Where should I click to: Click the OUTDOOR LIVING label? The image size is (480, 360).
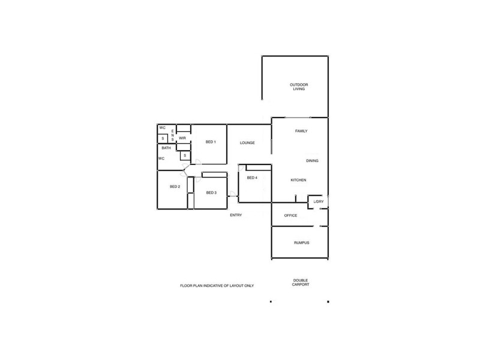pyautogui.click(x=299, y=87)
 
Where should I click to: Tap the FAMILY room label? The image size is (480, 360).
pyautogui.click(x=301, y=131)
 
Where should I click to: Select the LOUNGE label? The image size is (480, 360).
pyautogui.click(x=247, y=143)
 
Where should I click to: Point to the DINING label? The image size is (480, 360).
pyautogui.click(x=312, y=161)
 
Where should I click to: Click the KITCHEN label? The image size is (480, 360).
pyautogui.click(x=299, y=181)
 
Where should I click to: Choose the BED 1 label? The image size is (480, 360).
pyautogui.click(x=211, y=142)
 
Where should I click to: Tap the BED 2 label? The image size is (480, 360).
pyautogui.click(x=175, y=187)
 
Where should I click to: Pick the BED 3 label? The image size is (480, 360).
pyautogui.click(x=211, y=193)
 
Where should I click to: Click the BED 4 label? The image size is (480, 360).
pyautogui.click(x=252, y=178)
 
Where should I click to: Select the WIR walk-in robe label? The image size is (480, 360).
pyautogui.click(x=182, y=138)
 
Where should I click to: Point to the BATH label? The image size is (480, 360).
pyautogui.click(x=166, y=148)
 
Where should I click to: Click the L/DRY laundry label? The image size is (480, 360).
pyautogui.click(x=319, y=202)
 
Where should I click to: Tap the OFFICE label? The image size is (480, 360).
pyautogui.click(x=291, y=215)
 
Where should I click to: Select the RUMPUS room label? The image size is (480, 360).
pyautogui.click(x=301, y=242)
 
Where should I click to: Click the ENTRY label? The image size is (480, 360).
pyautogui.click(x=236, y=215)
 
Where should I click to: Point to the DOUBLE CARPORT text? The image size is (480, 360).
pyautogui.click(x=301, y=283)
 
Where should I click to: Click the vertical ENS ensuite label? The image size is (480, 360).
pyautogui.click(x=173, y=136)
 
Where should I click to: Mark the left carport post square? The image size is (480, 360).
pyautogui.click(x=271, y=302)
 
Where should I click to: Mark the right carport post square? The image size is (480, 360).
pyautogui.click(x=328, y=302)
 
